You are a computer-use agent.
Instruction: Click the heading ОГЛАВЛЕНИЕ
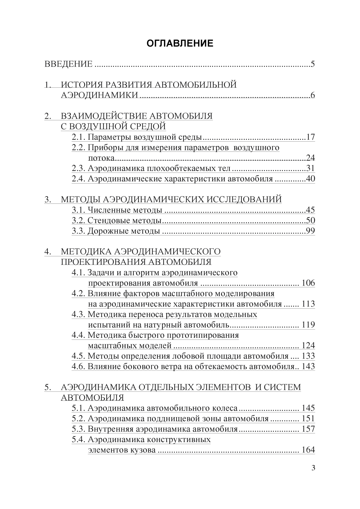coord(180,43)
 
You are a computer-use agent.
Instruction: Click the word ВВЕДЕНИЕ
coord(68,64)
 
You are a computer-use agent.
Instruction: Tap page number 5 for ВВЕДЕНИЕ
coord(312,64)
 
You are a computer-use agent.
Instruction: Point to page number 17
coord(310,137)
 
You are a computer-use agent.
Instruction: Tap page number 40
coord(310,179)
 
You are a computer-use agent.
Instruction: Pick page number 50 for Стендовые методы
coord(310,220)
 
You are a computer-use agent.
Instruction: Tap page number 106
coord(308,283)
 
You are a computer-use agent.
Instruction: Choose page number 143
coord(308,367)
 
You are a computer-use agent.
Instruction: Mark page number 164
coord(308,450)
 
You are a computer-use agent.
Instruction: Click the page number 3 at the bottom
coord(313,468)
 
